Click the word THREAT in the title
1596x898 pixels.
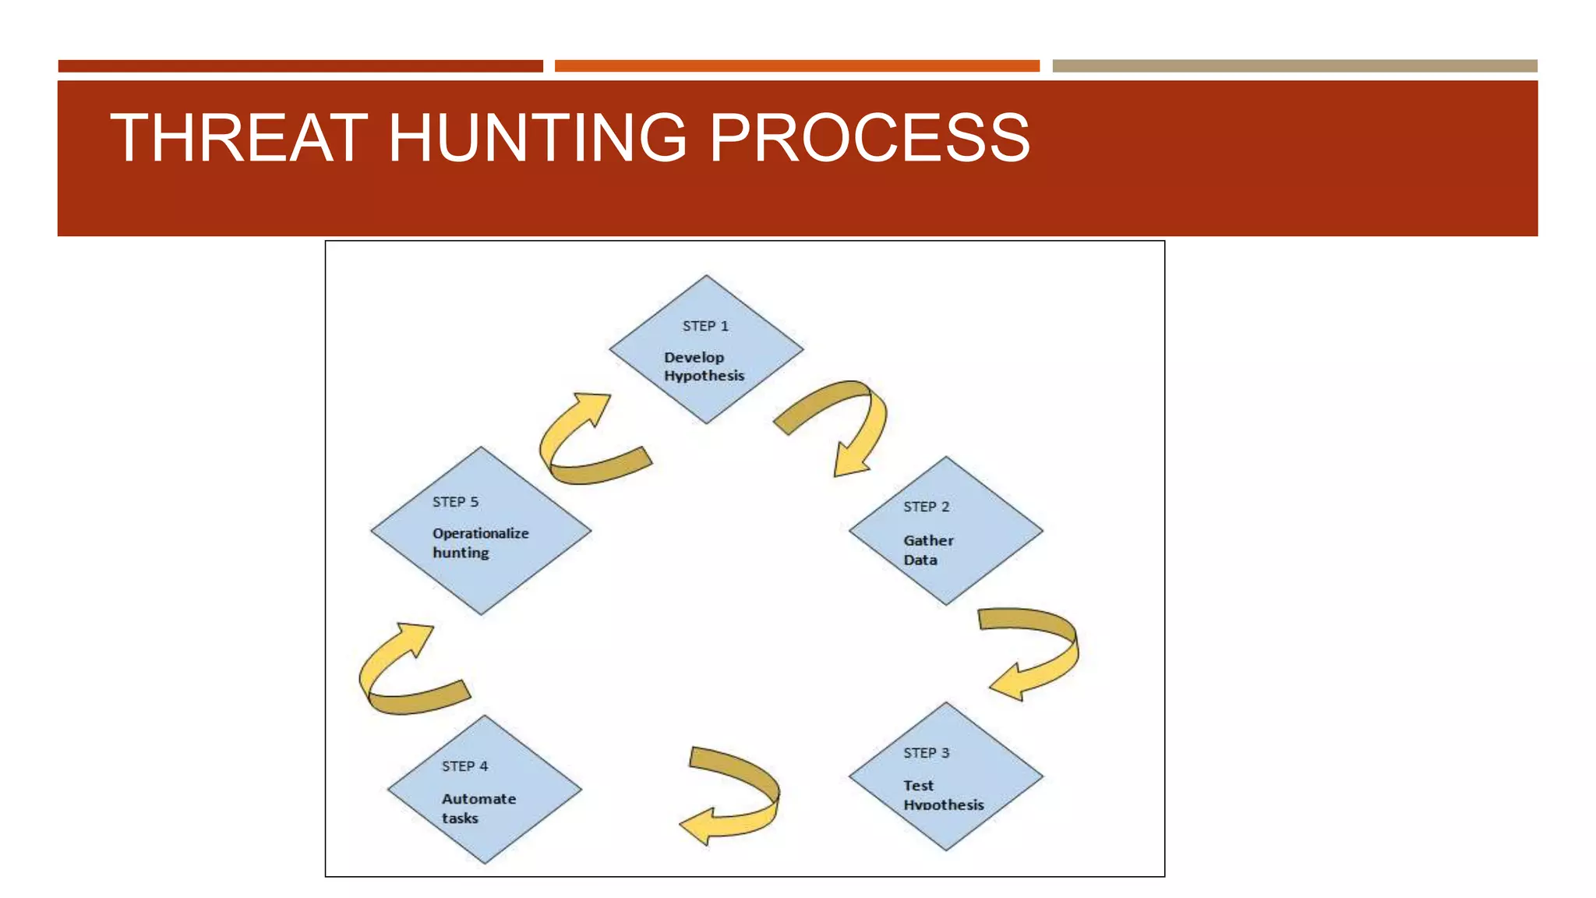tap(238, 138)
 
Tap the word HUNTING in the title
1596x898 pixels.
tap(537, 138)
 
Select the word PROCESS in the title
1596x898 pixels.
tap(869, 138)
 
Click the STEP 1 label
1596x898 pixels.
tap(705, 326)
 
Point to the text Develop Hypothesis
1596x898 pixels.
tap(704, 366)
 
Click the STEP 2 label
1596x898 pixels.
tap(926, 507)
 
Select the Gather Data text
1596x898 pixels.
tap(927, 550)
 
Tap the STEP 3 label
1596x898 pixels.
tap(926, 753)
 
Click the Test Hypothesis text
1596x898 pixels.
tap(942, 795)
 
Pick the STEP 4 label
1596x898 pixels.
tap(464, 766)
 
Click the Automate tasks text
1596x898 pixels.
tap(478, 808)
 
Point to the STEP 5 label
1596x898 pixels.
tap(455, 502)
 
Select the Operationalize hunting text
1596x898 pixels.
tap(480, 543)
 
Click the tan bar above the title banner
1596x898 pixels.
tap(1294, 66)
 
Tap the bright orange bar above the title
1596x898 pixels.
tap(796, 66)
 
